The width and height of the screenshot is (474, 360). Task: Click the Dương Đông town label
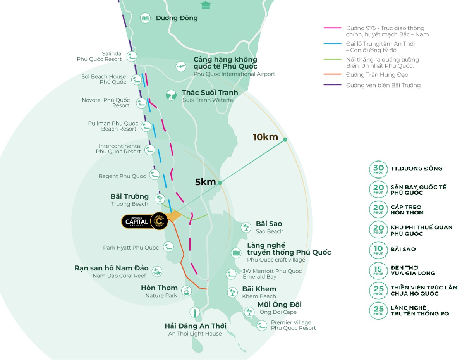click(177, 18)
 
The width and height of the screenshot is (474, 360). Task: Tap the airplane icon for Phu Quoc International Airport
click(181, 67)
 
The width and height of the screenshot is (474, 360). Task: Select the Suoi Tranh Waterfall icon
click(171, 95)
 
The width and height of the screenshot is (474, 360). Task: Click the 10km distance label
click(265, 137)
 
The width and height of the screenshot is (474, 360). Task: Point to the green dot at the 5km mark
click(220, 183)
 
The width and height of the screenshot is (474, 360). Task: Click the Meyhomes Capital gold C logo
click(159, 221)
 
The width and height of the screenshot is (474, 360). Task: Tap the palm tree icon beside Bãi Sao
click(246, 227)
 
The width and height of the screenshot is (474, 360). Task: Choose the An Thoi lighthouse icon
click(195, 312)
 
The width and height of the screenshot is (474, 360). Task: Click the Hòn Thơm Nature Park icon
click(186, 291)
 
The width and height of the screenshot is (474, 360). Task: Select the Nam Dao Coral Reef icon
click(157, 272)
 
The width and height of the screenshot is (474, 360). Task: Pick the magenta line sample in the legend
click(332, 28)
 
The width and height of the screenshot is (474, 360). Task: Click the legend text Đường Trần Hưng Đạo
click(377, 75)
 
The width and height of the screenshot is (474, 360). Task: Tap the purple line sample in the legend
click(332, 85)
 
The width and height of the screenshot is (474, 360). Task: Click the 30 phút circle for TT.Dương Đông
click(378, 169)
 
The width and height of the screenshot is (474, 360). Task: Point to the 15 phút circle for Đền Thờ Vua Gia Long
click(378, 270)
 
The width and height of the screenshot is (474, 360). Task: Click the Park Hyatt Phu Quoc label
click(131, 248)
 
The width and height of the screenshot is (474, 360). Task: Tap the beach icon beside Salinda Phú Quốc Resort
click(132, 57)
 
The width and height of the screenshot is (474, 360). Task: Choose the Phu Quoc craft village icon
click(236, 253)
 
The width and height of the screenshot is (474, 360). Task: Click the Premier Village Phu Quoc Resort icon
click(262, 325)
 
